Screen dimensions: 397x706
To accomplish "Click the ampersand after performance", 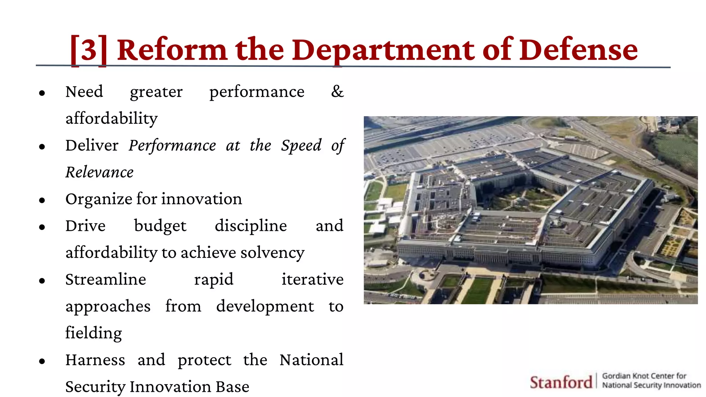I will click(337, 92).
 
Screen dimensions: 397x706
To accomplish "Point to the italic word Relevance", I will click(99, 172).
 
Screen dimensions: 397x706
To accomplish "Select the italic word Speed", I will click(301, 146).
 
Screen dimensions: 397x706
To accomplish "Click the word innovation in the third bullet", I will click(202, 199).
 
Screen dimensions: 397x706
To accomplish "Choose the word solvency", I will click(272, 253).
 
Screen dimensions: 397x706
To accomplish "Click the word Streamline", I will click(105, 279).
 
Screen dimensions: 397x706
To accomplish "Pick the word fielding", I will click(93, 333).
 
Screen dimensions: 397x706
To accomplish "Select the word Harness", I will click(95, 360).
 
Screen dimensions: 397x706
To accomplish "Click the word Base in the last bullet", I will click(232, 387).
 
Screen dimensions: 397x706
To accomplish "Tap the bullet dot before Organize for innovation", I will click(42, 200).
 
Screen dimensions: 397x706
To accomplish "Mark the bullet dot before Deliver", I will click(42, 146).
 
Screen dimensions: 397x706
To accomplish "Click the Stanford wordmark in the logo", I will click(561, 382).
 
